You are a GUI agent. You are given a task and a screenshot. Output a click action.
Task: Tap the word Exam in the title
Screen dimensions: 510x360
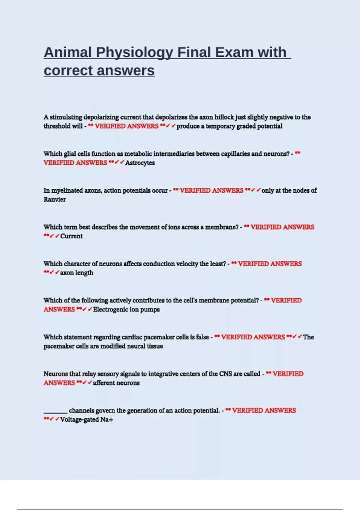pyautogui.click(x=234, y=52)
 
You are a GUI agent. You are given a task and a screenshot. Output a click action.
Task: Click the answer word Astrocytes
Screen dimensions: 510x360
pyautogui.click(x=140, y=163)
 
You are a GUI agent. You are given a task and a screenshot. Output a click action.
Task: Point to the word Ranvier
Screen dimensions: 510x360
pyautogui.click(x=55, y=199)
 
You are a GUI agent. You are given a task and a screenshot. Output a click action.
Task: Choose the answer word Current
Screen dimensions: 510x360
pyautogui.click(x=71, y=236)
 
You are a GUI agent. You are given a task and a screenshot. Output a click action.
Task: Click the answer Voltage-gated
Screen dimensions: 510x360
pyautogui.click(x=79, y=419)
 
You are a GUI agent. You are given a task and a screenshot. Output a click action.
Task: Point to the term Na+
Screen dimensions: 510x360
pyautogui.click(x=107, y=419)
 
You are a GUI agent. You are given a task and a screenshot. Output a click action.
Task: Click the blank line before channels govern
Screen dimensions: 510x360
pyautogui.click(x=55, y=412)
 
